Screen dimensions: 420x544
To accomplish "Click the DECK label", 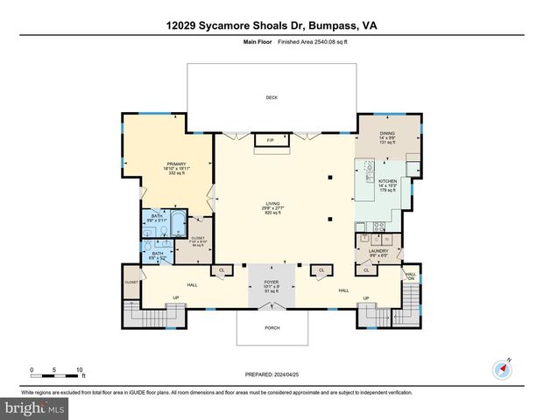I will tap(272, 97).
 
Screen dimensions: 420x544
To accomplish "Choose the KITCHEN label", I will tap(387, 182).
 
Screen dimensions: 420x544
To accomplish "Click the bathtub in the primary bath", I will tap(177, 224).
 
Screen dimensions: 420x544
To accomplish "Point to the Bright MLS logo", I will tap(35, 408).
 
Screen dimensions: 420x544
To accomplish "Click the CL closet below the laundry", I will tap(366, 269).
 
